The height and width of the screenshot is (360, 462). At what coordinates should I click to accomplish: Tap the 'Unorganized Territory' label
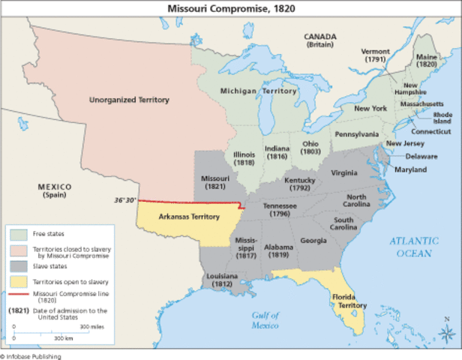click(x=129, y=100)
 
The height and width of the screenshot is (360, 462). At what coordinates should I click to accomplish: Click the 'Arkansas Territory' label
click(x=189, y=216)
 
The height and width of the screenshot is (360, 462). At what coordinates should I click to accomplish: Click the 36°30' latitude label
click(x=124, y=200)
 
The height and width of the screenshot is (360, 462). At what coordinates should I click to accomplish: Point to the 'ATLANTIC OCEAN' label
click(x=412, y=247)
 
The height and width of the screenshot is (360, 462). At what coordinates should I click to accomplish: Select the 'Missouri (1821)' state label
click(x=214, y=181)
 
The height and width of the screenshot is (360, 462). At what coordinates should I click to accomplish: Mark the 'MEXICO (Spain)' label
click(x=55, y=190)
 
